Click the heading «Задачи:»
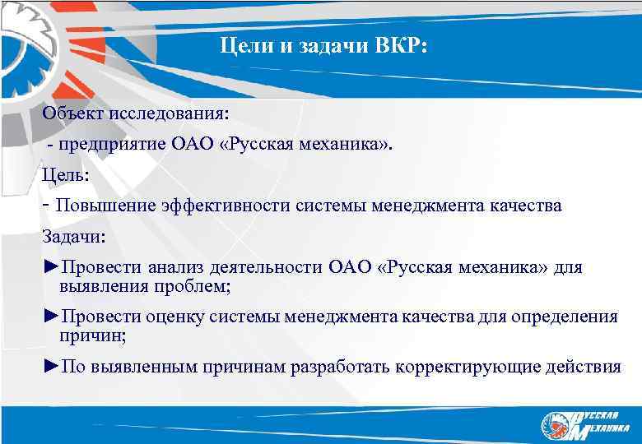pos(75,236)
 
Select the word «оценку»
pos(176,317)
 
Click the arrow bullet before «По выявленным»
pos(51,366)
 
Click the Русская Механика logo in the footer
pos(582,423)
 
